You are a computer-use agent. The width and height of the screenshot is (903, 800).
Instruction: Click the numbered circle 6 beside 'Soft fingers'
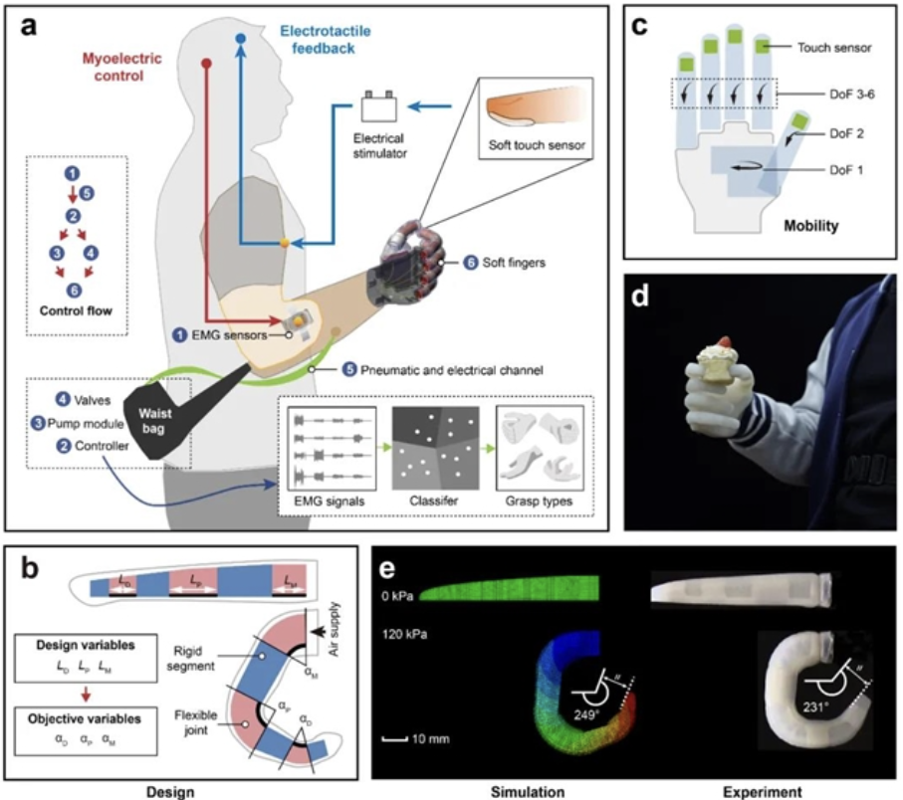coord(471,263)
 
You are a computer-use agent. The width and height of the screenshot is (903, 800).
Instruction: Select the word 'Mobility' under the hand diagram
coord(810,225)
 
